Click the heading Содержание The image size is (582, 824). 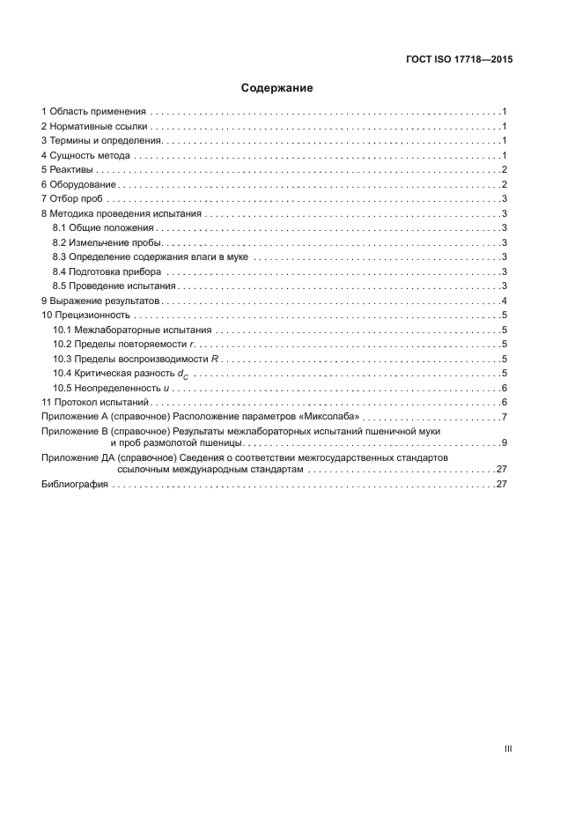pyautogui.click(x=277, y=88)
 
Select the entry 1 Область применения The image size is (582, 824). pyautogui.click(x=92, y=112)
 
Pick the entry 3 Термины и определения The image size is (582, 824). pyautogui.click(x=101, y=141)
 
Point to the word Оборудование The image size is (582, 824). pyautogui.click(x=83, y=184)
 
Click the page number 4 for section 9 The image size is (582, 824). pyautogui.click(x=502, y=301)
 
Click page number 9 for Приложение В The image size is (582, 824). pyautogui.click(x=502, y=442)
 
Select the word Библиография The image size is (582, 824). pyautogui.click(x=75, y=485)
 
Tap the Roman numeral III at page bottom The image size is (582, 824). pyautogui.click(x=508, y=748)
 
